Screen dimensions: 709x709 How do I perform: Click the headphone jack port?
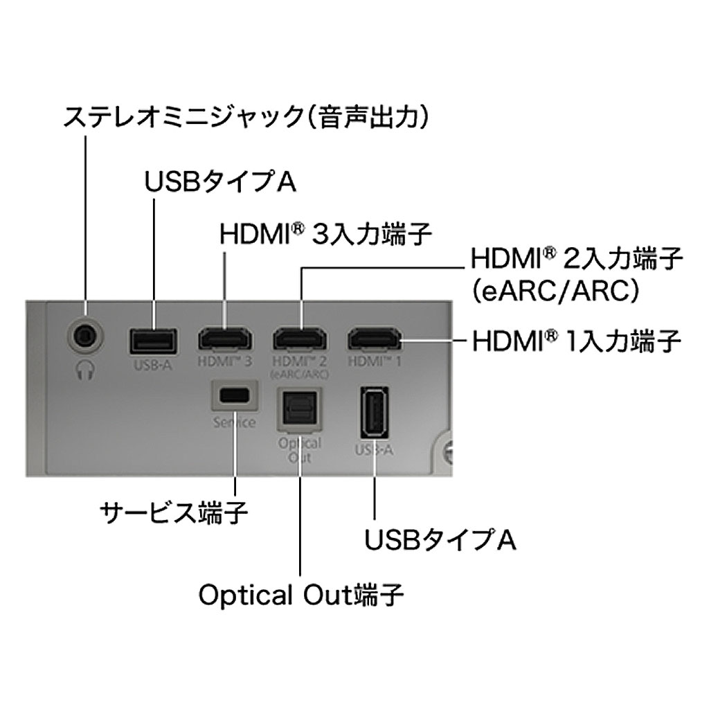tap(86, 336)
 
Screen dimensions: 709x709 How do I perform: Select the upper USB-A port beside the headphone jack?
tap(153, 341)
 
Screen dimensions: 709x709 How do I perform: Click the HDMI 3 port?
tap(225, 340)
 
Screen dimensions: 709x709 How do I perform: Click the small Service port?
tap(235, 395)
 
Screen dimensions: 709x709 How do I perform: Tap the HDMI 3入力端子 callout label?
tap(325, 233)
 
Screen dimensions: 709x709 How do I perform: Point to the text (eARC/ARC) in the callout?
tap(553, 291)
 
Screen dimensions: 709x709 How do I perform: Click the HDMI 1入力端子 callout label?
tap(577, 341)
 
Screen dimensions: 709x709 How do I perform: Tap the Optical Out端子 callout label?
tap(301, 595)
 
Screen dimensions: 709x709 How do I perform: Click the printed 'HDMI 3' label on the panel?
tap(224, 361)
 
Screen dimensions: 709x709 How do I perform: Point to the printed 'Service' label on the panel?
tap(235, 422)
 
